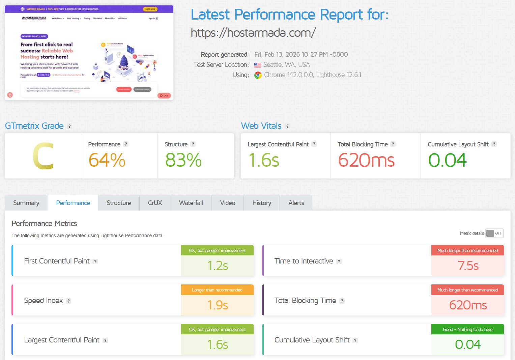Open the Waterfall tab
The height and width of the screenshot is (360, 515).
[191, 203]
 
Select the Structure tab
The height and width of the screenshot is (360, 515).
[119, 203]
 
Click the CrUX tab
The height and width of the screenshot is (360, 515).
[155, 203]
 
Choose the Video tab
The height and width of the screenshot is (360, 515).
[228, 203]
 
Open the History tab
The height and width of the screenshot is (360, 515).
[262, 203]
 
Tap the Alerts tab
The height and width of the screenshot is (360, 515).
[296, 203]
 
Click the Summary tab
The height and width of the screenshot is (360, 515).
[26, 203]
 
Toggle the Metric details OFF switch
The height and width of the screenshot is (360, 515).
[494, 233]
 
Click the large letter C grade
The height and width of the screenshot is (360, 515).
[43, 156]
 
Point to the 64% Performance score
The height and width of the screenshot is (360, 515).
[107, 160]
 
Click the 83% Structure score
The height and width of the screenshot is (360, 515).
[183, 160]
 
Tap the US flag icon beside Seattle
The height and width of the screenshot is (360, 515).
[258, 65]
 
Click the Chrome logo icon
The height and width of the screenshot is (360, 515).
[258, 75]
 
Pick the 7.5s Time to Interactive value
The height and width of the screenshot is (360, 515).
[468, 266]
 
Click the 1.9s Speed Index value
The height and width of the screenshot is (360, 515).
[218, 305]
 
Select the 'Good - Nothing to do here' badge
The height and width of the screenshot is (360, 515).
[467, 329]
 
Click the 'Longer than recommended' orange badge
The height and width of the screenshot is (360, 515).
[217, 290]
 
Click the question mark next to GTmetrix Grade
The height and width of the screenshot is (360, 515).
[70, 126]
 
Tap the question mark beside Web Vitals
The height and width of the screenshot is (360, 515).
[287, 126]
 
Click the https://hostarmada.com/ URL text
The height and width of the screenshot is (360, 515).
[253, 33]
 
